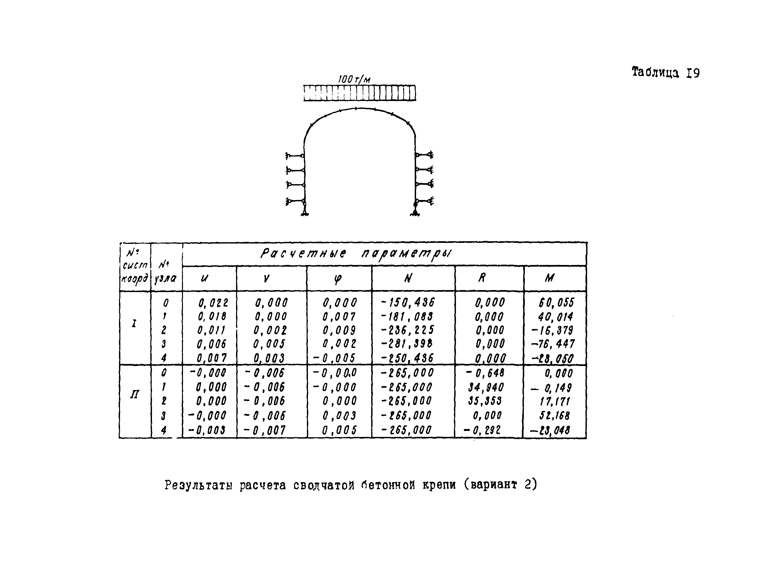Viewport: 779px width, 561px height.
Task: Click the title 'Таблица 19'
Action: tap(665, 73)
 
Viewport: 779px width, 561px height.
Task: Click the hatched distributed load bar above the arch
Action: tap(359, 93)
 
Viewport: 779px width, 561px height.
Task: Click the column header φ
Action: tap(338, 279)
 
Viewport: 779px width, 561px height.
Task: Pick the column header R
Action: tap(482, 278)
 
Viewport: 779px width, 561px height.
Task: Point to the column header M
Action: tap(549, 278)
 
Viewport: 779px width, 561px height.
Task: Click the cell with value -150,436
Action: tap(408, 303)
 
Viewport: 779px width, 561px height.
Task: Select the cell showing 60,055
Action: tap(556, 303)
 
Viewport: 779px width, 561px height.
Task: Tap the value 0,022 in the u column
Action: tap(213, 303)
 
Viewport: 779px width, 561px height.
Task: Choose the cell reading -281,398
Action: tap(407, 344)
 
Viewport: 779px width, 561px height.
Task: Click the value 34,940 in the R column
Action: tap(486, 387)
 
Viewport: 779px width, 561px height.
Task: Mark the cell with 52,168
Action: tap(554, 415)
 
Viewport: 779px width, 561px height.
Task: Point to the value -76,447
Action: tap(553, 344)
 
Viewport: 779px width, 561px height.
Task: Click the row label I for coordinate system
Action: tap(134, 323)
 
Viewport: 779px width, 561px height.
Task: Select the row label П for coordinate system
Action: tap(134, 394)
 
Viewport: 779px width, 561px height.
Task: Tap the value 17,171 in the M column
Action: tap(555, 402)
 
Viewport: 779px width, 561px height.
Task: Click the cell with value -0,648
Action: tap(485, 373)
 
